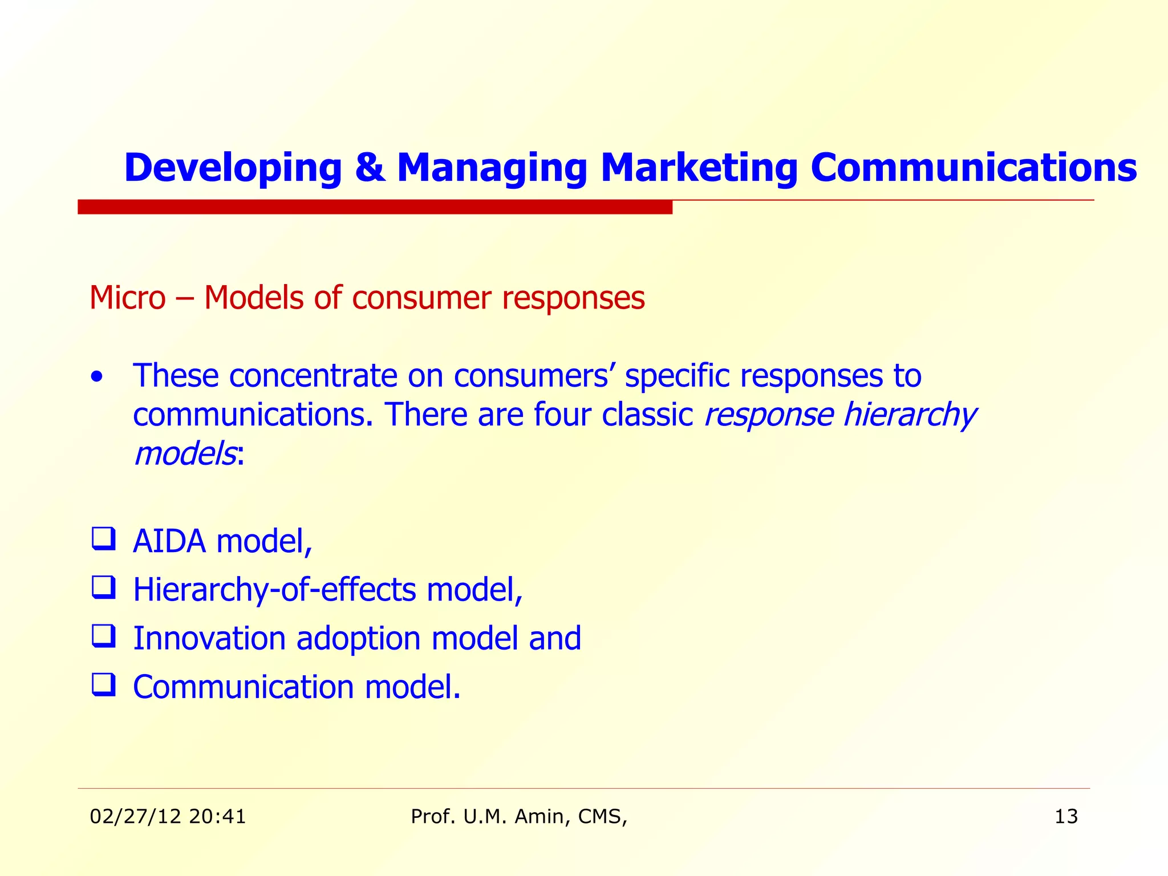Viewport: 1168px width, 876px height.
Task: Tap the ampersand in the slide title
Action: [x=370, y=168]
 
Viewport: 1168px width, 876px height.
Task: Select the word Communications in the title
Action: [x=974, y=168]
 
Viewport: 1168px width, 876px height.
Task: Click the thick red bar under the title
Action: [x=375, y=207]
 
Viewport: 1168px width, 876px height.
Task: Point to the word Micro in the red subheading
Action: [x=128, y=298]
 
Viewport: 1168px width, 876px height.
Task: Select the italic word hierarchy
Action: [x=909, y=415]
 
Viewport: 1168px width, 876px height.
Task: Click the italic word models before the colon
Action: [x=184, y=454]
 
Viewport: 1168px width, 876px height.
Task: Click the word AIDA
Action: [x=169, y=541]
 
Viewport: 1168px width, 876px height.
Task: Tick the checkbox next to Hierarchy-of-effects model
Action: [x=103, y=587]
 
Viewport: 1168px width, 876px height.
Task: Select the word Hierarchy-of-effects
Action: [x=274, y=590]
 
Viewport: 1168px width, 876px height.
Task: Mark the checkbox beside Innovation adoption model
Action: [x=103, y=635]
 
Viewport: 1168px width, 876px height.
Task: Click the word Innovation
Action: [x=209, y=638]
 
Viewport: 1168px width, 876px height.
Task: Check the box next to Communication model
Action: [x=103, y=684]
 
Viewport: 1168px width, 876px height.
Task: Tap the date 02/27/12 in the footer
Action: [x=135, y=817]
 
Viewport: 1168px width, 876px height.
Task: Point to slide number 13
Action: [x=1066, y=817]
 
